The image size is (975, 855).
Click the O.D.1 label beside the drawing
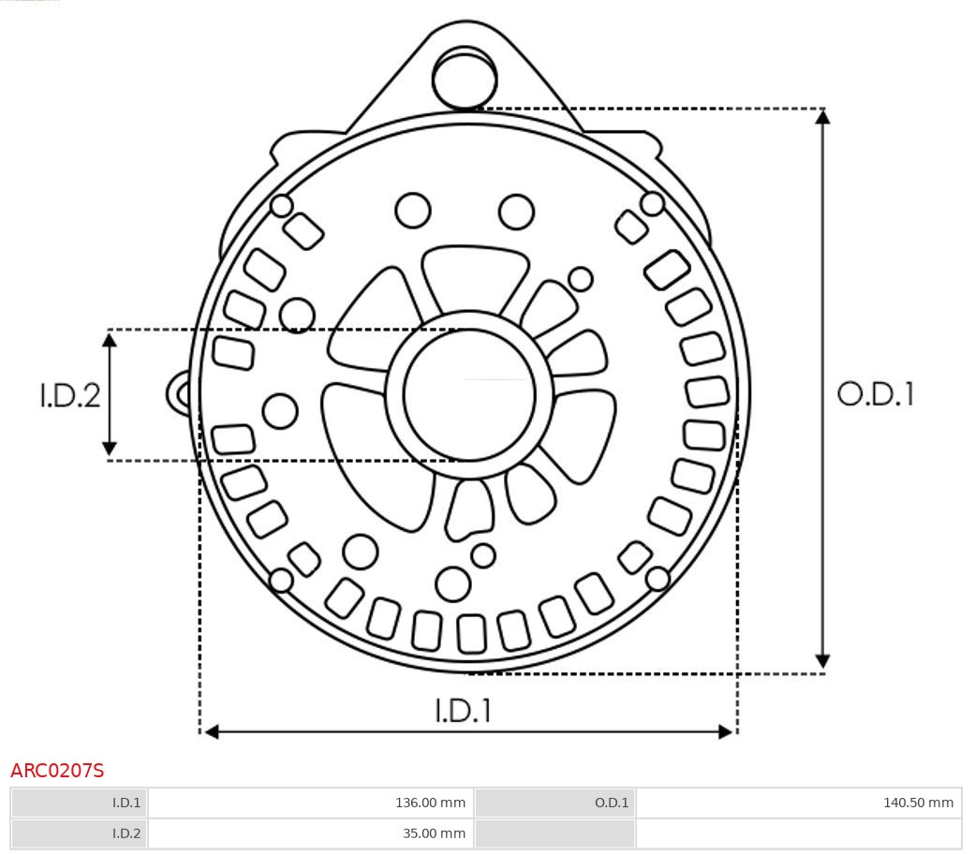click(x=875, y=394)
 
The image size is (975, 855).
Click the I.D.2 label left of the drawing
click(x=69, y=395)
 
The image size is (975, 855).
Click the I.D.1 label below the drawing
click(x=463, y=711)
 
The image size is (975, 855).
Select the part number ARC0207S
click(x=57, y=771)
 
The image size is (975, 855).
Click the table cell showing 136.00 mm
click(x=311, y=803)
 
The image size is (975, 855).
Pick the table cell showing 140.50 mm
click(x=798, y=803)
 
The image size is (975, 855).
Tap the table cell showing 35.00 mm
click(x=311, y=833)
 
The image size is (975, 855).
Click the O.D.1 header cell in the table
click(x=554, y=803)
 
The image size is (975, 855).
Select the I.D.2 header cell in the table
click(x=80, y=833)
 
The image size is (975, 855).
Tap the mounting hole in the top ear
click(x=465, y=79)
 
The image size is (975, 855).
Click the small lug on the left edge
click(x=178, y=393)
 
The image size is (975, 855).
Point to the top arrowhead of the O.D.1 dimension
click(x=822, y=117)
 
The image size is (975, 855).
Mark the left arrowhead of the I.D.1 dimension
click(x=212, y=731)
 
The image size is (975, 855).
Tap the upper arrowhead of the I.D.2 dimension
click(x=110, y=340)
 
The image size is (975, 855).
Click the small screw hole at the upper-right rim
click(x=653, y=203)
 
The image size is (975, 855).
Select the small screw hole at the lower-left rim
click(x=281, y=581)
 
